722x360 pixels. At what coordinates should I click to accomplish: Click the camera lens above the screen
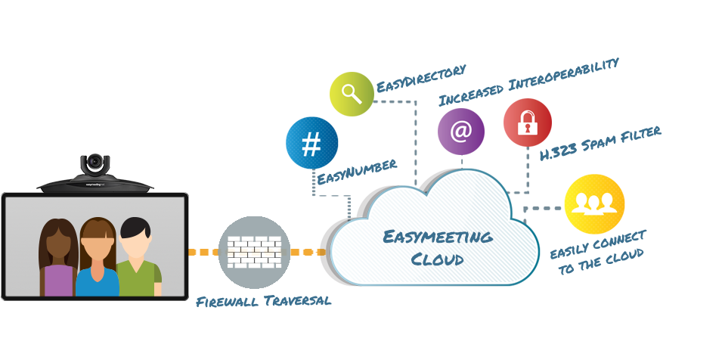pyautogui.click(x=95, y=162)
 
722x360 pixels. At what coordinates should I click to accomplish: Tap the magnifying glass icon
pyautogui.click(x=352, y=93)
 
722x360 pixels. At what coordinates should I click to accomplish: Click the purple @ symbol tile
pyautogui.click(x=460, y=132)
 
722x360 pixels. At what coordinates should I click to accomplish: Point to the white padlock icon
pyautogui.click(x=527, y=123)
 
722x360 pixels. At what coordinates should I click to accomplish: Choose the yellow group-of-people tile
pyautogui.click(x=594, y=203)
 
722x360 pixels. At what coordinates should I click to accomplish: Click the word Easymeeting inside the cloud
pyautogui.click(x=437, y=237)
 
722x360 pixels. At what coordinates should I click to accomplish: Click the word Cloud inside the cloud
pyautogui.click(x=437, y=259)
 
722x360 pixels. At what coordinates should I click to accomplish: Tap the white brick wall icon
pyautogui.click(x=254, y=252)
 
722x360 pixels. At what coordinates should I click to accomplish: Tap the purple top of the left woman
pyautogui.click(x=58, y=281)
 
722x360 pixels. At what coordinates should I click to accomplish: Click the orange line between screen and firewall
pyautogui.click(x=203, y=252)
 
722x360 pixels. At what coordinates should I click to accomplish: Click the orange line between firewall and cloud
pyautogui.click(x=308, y=252)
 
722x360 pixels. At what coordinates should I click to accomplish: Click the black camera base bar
pyautogui.click(x=95, y=184)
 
